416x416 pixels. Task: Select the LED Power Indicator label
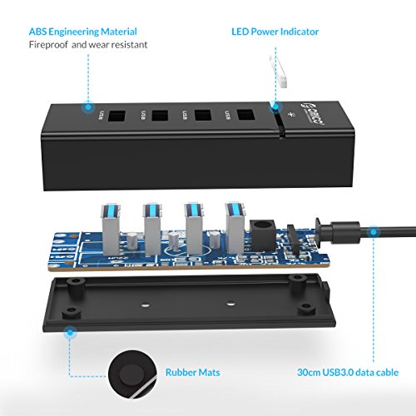pyautogui.click(x=275, y=32)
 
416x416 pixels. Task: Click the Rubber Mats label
pyautogui.click(x=193, y=373)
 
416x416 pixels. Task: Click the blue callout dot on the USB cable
pyautogui.click(x=374, y=235)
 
